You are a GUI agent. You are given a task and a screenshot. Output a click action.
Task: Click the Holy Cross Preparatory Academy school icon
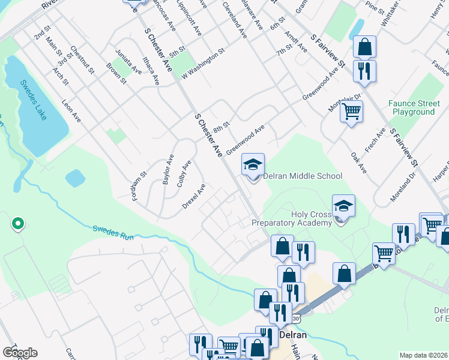(x=343, y=206)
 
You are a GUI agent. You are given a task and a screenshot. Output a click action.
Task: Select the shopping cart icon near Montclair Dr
(x=351, y=111)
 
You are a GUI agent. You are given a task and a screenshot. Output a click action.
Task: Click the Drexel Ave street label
(x=194, y=196)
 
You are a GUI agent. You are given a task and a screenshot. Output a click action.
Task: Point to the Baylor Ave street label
(x=169, y=169)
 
